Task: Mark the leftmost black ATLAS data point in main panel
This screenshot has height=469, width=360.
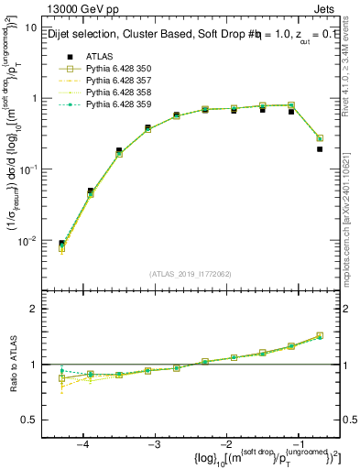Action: (61, 244)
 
